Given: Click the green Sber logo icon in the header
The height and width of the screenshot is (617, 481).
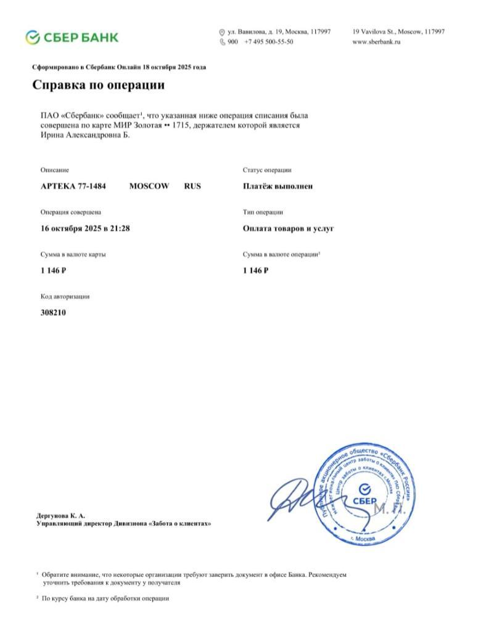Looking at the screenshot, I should point(33,37).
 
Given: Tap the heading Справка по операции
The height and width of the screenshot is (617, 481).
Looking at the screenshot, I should point(98,85).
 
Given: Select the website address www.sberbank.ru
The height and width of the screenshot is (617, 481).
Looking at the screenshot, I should point(376,42).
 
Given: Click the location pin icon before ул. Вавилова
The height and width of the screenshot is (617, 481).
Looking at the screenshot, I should point(222,31).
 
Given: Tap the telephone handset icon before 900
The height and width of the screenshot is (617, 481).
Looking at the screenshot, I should point(222,42).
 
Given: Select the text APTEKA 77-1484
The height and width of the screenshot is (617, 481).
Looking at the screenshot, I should point(73,186).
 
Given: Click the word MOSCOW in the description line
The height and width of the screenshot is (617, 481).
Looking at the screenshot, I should point(149,186).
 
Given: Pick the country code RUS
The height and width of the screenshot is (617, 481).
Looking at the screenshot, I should point(192,186).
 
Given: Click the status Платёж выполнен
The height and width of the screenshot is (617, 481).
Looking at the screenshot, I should point(277,186).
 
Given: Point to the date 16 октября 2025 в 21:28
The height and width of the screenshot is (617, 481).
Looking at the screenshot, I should point(85,228).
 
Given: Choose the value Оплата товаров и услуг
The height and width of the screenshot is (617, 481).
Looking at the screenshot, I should point(289,228).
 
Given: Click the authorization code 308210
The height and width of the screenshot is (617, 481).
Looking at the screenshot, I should point(53,312).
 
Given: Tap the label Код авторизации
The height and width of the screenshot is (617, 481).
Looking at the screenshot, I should point(65,296).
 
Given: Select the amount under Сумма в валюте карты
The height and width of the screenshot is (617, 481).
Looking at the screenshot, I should point(53,270).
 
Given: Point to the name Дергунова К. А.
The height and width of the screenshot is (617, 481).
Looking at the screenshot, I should point(61,515).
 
